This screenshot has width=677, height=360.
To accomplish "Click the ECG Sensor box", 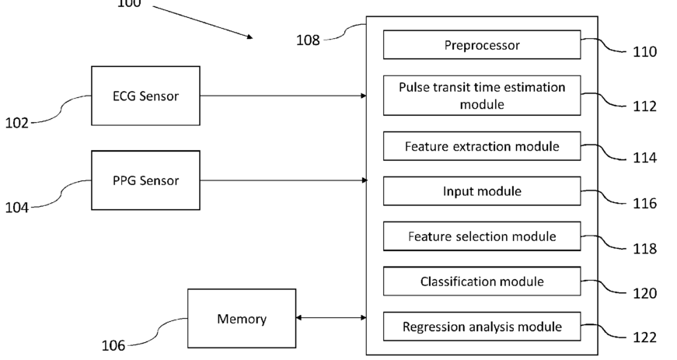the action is click(145, 96).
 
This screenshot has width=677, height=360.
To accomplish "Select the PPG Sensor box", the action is click(145, 180).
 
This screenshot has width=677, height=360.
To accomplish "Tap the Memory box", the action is click(242, 319).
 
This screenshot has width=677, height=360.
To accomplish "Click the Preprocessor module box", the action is click(482, 45).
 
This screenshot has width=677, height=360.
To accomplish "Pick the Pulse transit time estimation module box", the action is click(482, 96).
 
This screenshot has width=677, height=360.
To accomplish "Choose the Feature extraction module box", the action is click(482, 146).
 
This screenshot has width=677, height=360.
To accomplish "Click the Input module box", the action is click(482, 191).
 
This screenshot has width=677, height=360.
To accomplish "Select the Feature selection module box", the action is click(482, 236).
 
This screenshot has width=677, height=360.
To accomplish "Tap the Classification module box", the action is click(482, 281).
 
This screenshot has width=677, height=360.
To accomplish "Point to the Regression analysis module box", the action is click(482, 327).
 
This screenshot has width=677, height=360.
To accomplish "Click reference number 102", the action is click(17, 123).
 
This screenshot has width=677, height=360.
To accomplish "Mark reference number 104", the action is click(17, 208).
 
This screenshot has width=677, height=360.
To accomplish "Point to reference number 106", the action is click(113, 346).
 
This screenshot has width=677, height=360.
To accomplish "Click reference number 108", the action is click(308, 40).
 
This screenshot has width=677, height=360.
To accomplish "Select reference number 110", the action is click(644, 52).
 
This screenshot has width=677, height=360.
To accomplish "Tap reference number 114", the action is click(644, 158).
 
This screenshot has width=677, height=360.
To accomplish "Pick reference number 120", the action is click(644, 294).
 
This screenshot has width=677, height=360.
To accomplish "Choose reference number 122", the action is click(644, 337).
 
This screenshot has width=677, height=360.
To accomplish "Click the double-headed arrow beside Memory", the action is click(331, 318).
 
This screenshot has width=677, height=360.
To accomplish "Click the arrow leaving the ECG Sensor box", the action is click(283, 96).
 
